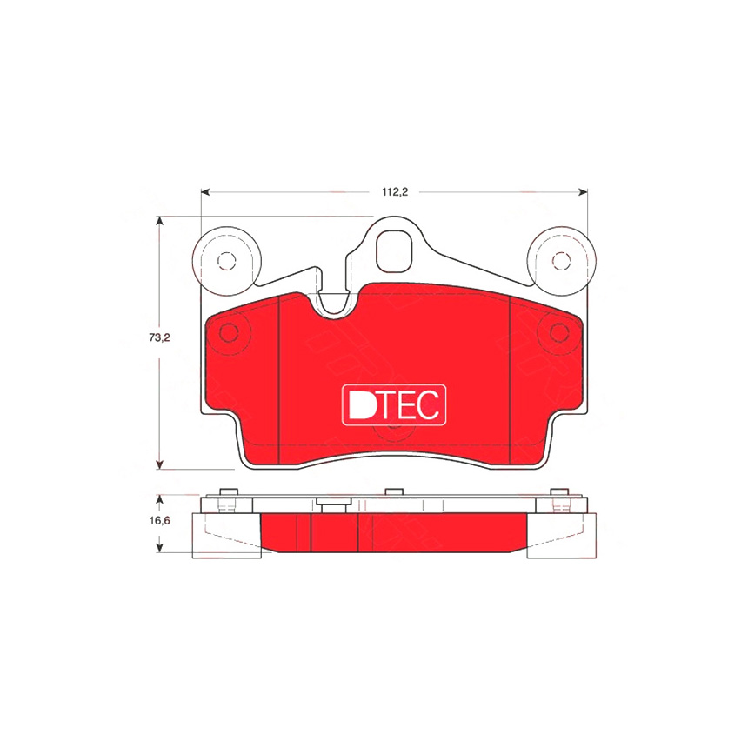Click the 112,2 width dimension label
[395, 192]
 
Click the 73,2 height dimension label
[159, 337]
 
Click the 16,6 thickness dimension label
[159, 520]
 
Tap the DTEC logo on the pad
[394, 405]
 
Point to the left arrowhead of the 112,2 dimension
[205, 192]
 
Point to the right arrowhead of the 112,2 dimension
[583, 192]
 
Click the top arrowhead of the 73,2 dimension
[160, 221]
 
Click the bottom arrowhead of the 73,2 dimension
[160, 464]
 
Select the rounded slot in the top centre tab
[393, 252]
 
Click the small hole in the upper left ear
[227, 261]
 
